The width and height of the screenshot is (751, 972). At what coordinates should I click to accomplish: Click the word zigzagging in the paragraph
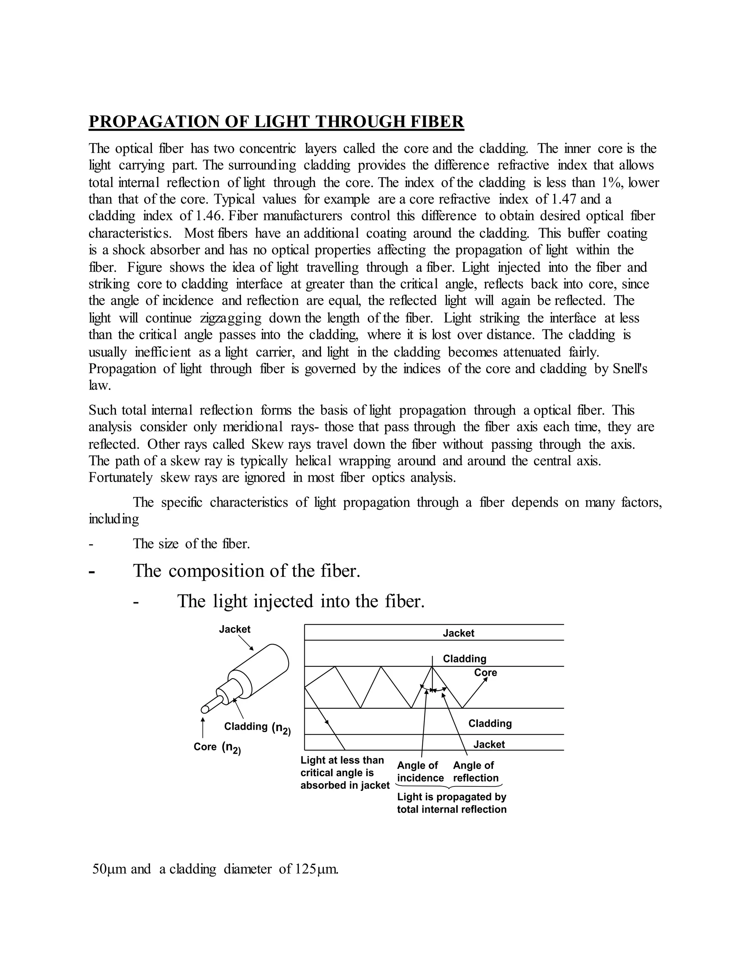coord(230,318)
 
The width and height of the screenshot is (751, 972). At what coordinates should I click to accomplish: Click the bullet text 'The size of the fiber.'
coord(191,544)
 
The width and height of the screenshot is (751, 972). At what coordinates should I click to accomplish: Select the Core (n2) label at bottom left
coord(217,747)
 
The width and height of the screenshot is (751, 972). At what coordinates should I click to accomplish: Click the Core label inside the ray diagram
coord(486,672)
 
